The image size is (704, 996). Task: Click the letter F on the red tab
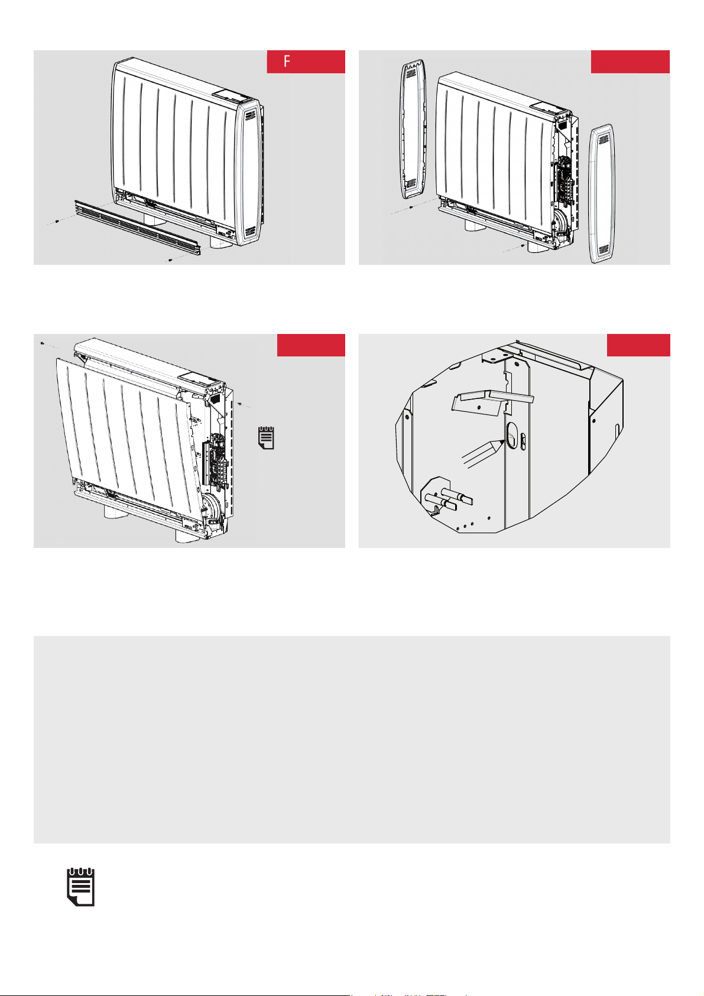coord(287,61)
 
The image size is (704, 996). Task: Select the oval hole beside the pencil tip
coord(512,435)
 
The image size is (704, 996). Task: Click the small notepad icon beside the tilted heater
coord(266,437)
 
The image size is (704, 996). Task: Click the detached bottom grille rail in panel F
coord(137,228)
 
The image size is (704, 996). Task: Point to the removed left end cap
coord(414,129)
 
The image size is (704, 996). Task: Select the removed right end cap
coord(602,193)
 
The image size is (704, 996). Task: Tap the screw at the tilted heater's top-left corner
coord(42,343)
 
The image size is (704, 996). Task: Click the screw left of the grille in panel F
coord(57,221)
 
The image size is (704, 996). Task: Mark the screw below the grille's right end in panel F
coord(170,259)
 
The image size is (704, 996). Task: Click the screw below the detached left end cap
coord(411,207)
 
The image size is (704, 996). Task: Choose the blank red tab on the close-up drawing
coord(638,345)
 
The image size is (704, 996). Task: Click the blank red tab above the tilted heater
coord(311,345)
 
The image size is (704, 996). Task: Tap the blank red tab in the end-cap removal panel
coord(630,61)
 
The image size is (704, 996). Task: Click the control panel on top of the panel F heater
coord(230,95)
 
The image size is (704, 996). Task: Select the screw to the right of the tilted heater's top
coord(239,404)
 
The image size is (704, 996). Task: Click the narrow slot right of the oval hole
coord(523,441)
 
